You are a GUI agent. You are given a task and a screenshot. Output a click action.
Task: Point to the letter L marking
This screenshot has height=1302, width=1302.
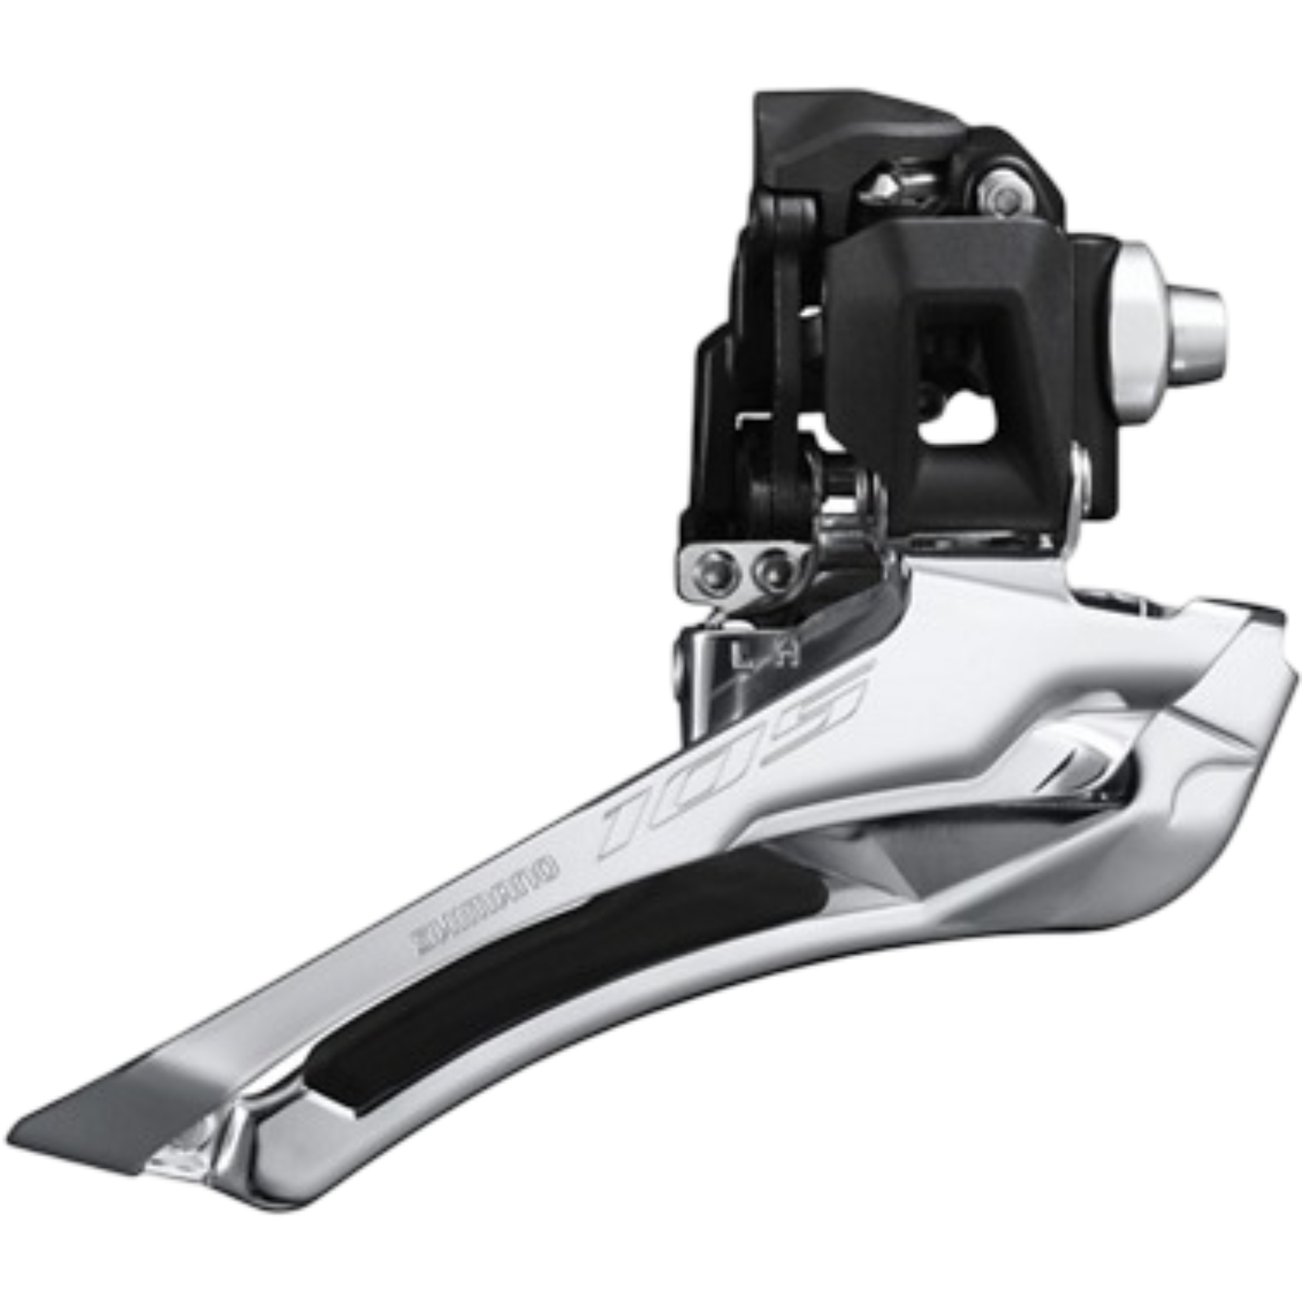[x=739, y=656]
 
